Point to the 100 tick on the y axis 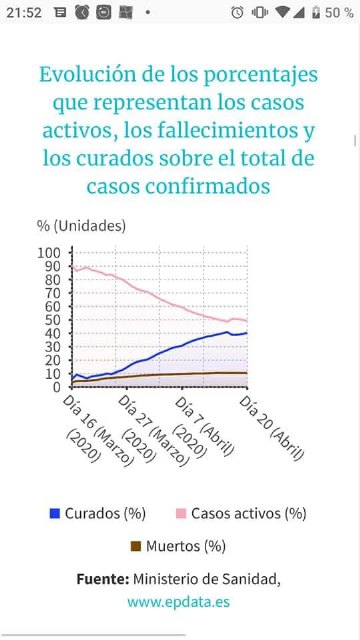coord(49,252)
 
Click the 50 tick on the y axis coord(52,319)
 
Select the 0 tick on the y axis coord(56,387)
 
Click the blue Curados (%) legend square coord(55,514)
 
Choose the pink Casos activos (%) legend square coord(181,514)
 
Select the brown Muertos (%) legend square coord(137,546)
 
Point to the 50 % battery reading coord(339,12)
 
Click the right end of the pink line coord(246,321)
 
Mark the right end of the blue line coord(246,333)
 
